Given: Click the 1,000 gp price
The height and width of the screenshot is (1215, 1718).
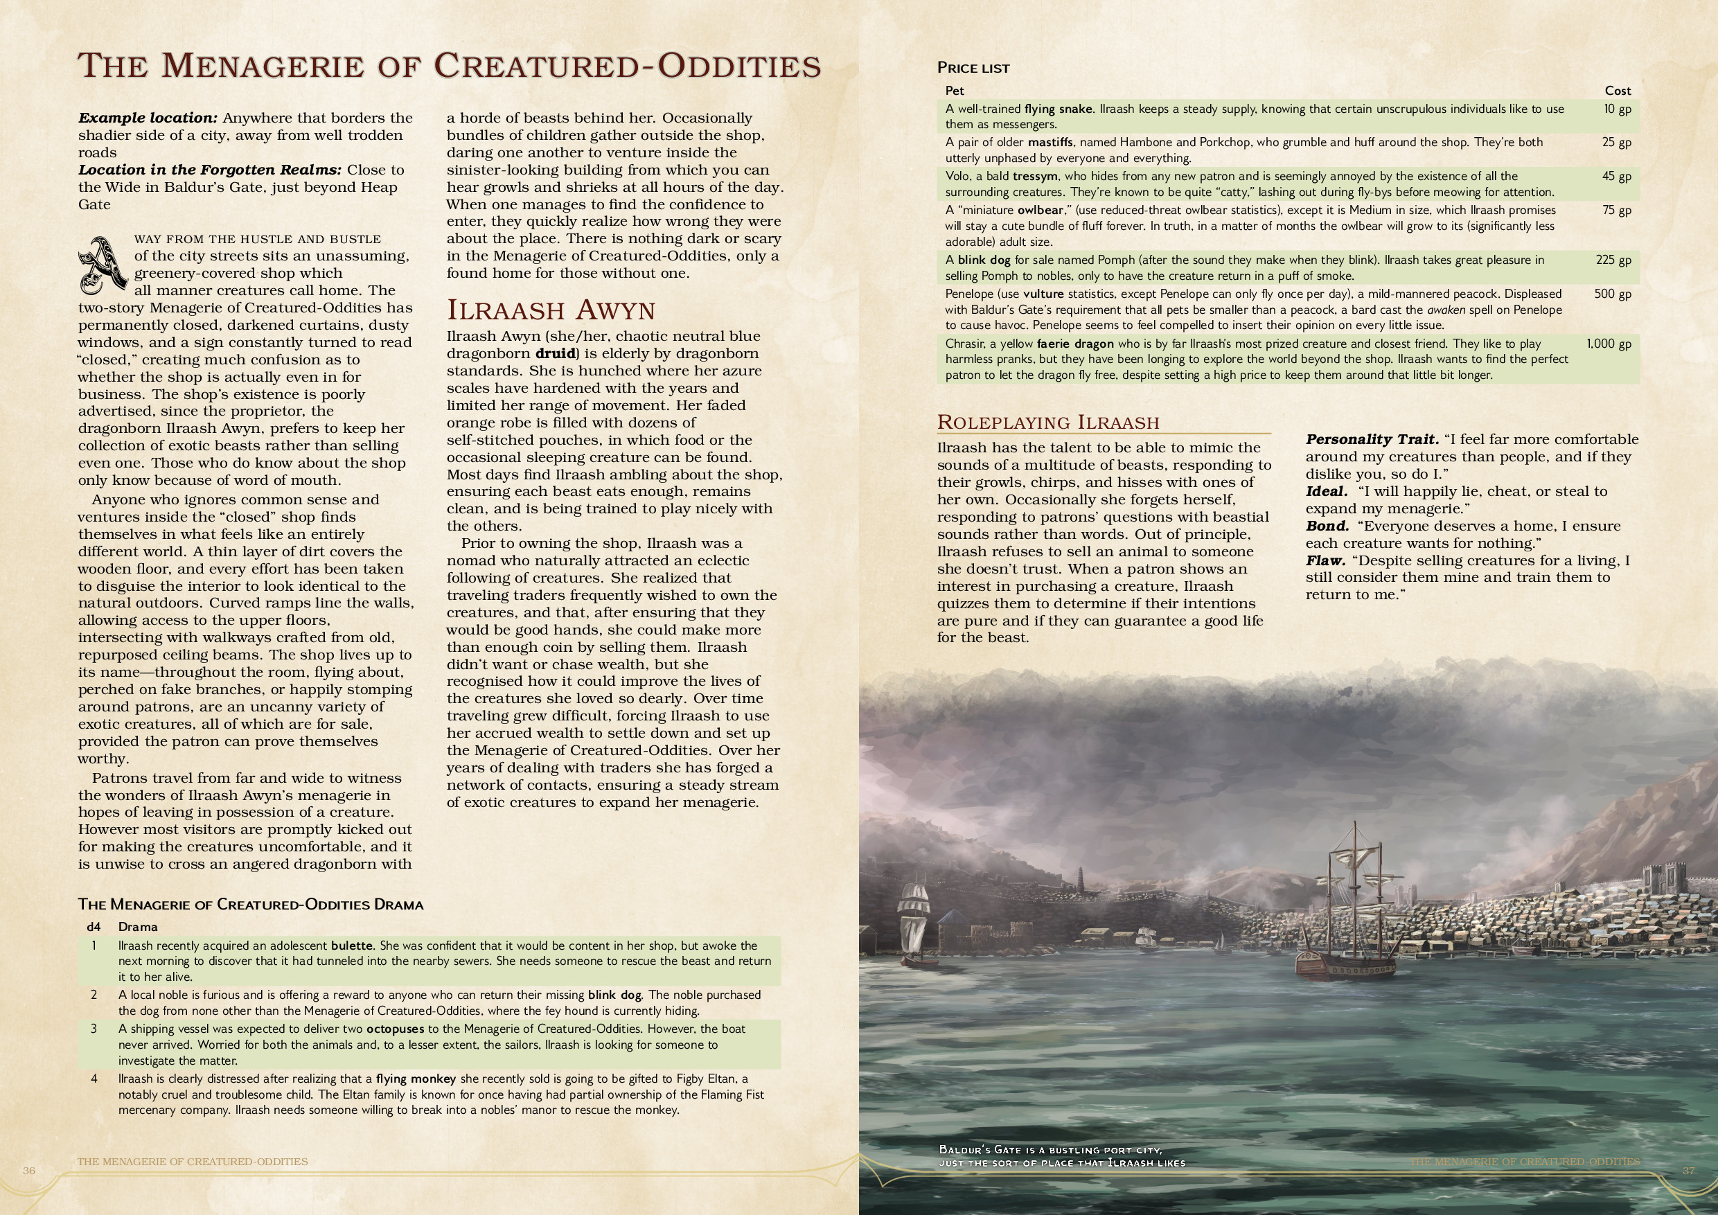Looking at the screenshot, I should (1608, 344).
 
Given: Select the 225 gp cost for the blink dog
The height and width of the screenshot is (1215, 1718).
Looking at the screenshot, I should (1613, 260).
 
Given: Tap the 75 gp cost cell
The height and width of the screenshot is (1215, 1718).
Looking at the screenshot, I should (1616, 210).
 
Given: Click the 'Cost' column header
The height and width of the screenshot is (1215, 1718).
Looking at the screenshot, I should (1617, 91).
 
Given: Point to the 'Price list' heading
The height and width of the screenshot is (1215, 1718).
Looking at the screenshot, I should (973, 68).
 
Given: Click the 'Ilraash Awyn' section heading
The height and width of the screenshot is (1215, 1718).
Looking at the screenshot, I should (551, 309).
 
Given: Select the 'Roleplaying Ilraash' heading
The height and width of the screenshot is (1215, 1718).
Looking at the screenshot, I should (1047, 422).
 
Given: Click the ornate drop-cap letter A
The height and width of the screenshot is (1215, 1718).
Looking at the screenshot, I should (103, 265).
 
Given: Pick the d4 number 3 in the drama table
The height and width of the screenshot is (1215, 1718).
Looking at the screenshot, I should (94, 1029).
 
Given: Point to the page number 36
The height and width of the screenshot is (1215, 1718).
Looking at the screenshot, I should (28, 1170).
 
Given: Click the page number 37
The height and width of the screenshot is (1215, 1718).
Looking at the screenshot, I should (1689, 1170).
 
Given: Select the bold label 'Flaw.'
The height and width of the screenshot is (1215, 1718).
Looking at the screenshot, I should (1325, 560).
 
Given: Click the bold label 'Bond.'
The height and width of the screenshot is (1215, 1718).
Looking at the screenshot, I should (1327, 526).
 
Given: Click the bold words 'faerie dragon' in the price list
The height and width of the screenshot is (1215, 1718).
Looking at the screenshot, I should (1075, 344).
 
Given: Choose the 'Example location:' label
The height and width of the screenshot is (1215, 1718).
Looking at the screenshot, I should (148, 118).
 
